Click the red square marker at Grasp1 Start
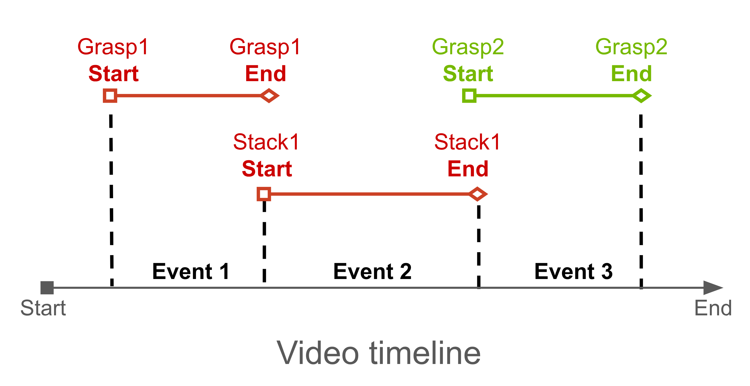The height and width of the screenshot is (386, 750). (x=110, y=95)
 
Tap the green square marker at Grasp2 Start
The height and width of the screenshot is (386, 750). (x=469, y=95)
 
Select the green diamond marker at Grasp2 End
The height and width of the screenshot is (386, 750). (x=642, y=95)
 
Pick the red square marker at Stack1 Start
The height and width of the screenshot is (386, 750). (x=264, y=194)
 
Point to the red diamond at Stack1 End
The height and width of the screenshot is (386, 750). (x=477, y=194)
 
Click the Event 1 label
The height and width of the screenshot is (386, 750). (x=191, y=272)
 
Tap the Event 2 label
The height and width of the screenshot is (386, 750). (x=372, y=272)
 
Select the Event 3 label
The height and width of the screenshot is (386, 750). (x=573, y=272)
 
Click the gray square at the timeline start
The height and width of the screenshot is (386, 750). (x=47, y=288)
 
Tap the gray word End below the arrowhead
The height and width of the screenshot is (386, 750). (x=713, y=308)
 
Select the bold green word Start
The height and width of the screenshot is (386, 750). (x=468, y=74)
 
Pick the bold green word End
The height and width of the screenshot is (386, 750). (x=631, y=74)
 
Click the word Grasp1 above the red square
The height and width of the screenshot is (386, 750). (x=113, y=47)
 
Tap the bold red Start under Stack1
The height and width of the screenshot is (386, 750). (x=267, y=169)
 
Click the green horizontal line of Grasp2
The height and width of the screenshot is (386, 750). (x=553, y=95)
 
